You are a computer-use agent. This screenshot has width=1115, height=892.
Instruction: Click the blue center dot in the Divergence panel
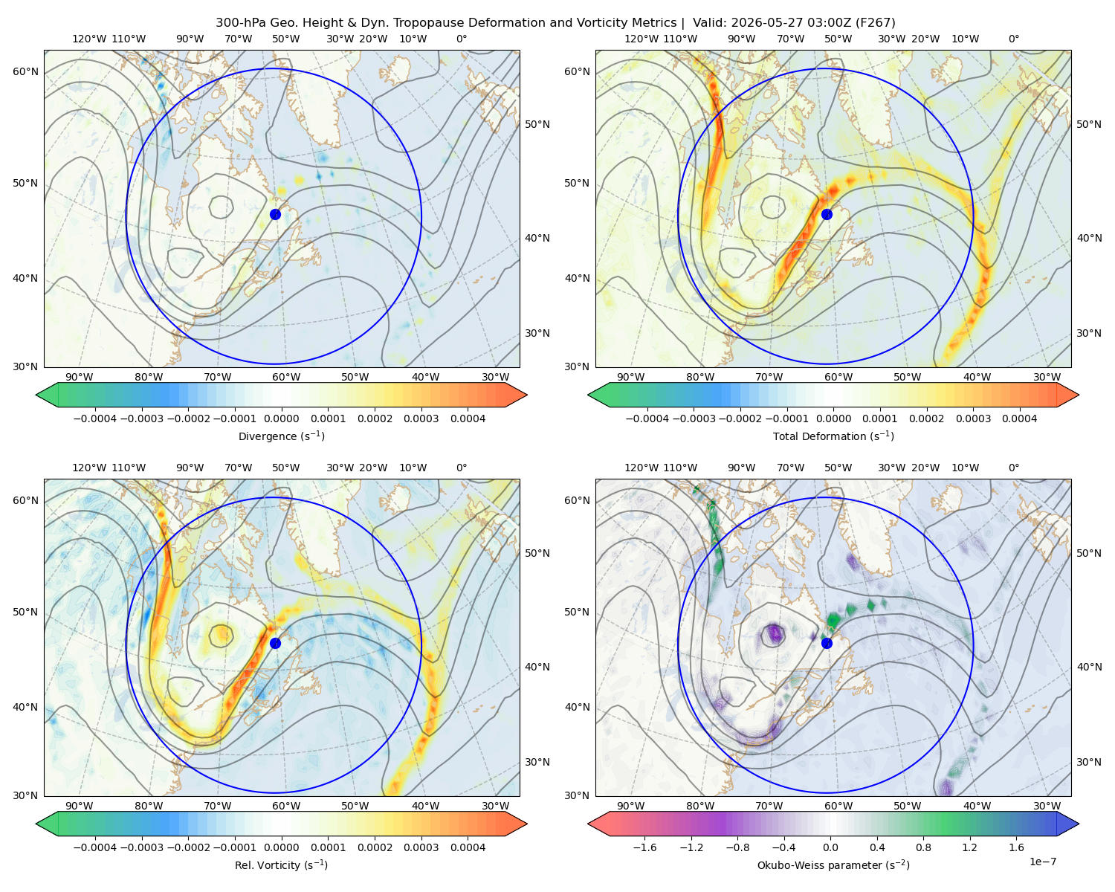pyautogui.click(x=275, y=214)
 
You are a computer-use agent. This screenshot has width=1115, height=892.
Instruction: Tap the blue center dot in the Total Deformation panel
pyautogui.click(x=827, y=214)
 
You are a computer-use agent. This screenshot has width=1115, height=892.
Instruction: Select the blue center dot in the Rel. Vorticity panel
pyautogui.click(x=275, y=643)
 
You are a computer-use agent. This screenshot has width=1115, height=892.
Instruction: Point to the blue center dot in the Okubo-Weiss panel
pyautogui.click(x=827, y=643)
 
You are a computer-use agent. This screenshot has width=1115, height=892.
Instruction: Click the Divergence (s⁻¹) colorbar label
pyautogui.click(x=281, y=436)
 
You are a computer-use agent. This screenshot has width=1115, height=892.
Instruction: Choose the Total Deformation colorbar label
pyautogui.click(x=833, y=436)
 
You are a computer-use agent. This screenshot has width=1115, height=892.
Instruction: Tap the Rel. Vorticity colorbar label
pyautogui.click(x=281, y=864)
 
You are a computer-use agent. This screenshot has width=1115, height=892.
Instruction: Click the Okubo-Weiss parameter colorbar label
pyautogui.click(x=833, y=864)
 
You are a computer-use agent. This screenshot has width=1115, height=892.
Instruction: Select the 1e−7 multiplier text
pyautogui.click(x=1042, y=862)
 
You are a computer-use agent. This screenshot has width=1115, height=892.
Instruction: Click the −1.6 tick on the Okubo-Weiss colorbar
pyautogui.click(x=644, y=847)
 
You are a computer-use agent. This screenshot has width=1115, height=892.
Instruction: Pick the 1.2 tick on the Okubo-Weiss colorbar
pyautogui.click(x=969, y=847)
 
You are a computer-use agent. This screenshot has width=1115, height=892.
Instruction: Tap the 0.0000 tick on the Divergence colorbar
pyautogui.click(x=281, y=418)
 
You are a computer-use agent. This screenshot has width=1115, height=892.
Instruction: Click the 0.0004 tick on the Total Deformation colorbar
pyautogui.click(x=1019, y=418)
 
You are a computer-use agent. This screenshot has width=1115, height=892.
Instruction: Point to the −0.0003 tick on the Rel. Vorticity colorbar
pyautogui.click(x=141, y=847)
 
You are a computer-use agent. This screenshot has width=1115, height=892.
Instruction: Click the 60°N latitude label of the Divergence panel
pyautogui.click(x=25, y=71)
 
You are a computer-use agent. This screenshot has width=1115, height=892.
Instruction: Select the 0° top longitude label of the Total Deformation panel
pyautogui.click(x=1013, y=39)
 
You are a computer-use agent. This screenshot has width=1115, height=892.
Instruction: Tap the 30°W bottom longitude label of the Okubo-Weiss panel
pyautogui.click(x=1047, y=806)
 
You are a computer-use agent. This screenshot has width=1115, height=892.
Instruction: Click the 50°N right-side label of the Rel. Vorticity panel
pyautogui.click(x=537, y=553)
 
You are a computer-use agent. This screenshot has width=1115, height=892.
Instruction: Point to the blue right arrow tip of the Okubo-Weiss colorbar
pyautogui.click(x=1079, y=824)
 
